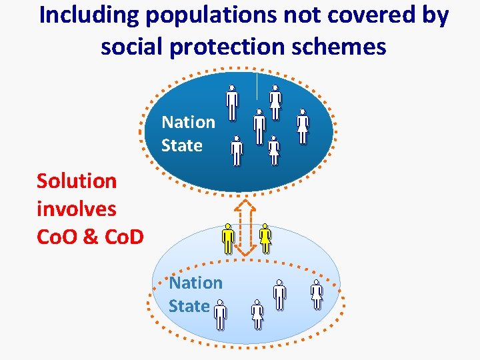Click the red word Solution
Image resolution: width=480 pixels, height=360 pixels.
tap(77, 181)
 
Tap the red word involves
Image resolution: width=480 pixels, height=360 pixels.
tap(77, 209)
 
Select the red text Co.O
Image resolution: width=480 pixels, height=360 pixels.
tap(57, 237)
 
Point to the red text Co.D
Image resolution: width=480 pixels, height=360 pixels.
tap(121, 237)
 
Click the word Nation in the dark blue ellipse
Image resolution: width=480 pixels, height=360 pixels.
tap(189, 122)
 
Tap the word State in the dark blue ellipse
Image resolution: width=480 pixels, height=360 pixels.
tap(182, 145)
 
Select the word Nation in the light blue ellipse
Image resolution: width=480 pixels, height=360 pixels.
tap(195, 283)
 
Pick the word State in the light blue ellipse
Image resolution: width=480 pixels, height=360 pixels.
tap(189, 306)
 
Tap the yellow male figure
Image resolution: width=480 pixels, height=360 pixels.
tap(228, 239)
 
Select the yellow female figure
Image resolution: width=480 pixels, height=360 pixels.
tap(265, 238)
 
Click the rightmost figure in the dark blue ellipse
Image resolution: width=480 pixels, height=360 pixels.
tap(303, 126)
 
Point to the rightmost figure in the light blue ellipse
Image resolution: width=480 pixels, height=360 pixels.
tap(317, 295)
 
